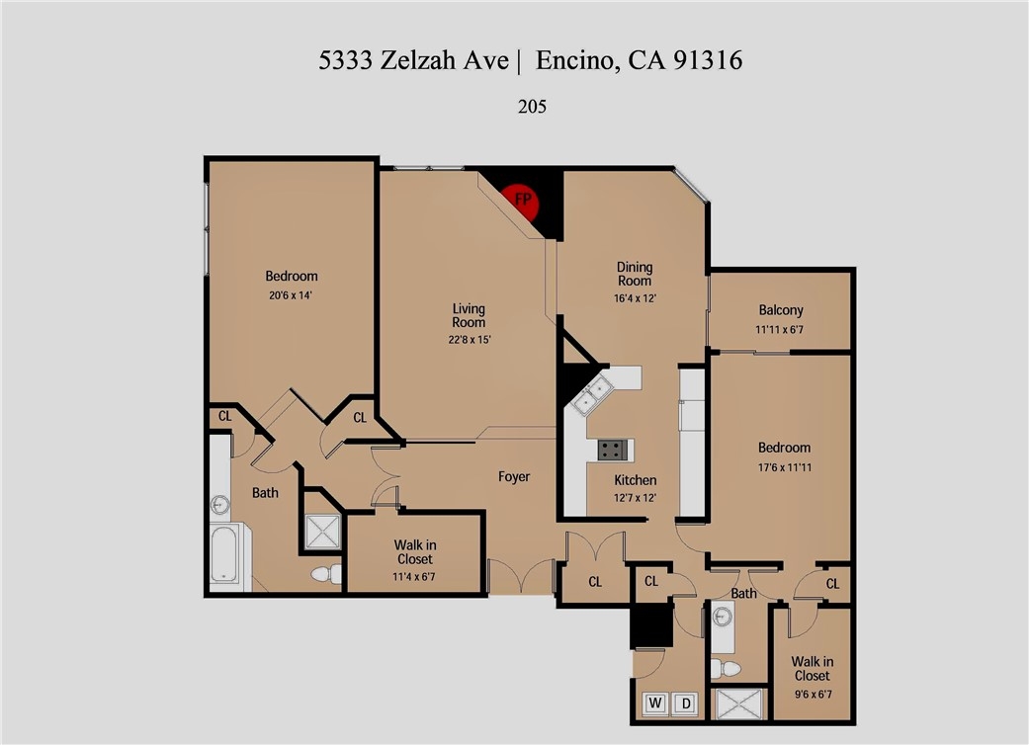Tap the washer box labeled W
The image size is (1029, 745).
coord(655,704)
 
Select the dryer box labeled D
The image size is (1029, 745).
coord(686,704)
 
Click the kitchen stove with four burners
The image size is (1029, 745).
coord(612,450)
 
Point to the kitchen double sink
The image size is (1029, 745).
coord(591,395)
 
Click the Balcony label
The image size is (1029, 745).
coord(780,310)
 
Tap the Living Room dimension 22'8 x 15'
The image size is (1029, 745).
coord(470,340)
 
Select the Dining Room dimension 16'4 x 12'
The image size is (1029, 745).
coord(635,297)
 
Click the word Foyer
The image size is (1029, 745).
coord(514,477)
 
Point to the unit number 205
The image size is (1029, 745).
coord(532,107)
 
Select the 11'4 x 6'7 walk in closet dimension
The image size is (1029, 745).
coord(415,577)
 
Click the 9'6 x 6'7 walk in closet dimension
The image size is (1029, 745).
coord(813,694)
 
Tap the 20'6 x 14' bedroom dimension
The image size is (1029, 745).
coord(291,295)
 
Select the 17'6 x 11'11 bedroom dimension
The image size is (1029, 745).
coord(784,467)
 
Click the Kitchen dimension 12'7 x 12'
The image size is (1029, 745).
coord(636,498)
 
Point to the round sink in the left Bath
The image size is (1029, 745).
coord(219,505)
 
